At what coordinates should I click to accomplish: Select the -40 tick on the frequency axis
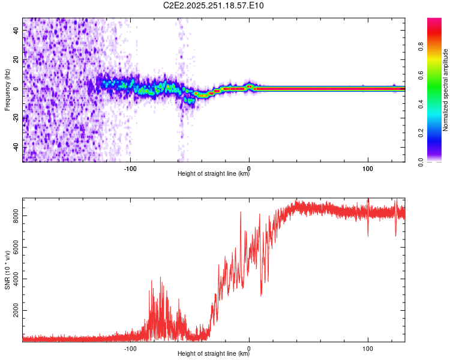point(16,147)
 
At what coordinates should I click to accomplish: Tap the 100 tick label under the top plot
point(368,168)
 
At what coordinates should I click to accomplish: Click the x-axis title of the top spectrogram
point(214,175)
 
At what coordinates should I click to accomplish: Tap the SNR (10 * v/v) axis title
point(7,270)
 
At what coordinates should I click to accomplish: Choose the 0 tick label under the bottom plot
point(250,348)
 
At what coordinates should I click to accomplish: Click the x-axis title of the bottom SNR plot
point(214,355)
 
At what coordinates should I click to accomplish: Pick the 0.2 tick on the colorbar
point(436,133)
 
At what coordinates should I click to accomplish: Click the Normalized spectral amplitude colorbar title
point(445,90)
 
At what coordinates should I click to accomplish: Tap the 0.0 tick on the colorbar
point(436,161)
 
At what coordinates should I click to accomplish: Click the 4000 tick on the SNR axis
point(16,280)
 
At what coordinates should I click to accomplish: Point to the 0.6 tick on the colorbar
point(436,75)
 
